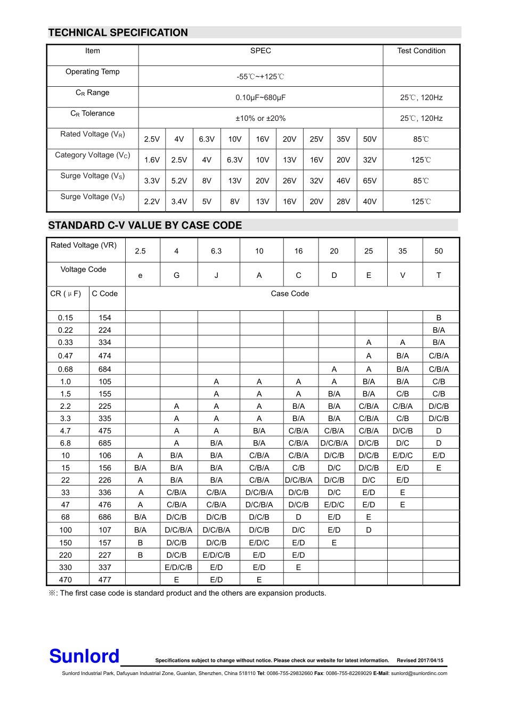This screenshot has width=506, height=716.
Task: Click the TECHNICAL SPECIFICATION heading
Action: point(118,32)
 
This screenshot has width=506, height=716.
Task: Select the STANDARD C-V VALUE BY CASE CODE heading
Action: point(145,225)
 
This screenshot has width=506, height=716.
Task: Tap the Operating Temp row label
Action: point(93,72)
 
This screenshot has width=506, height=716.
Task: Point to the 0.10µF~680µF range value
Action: point(260,97)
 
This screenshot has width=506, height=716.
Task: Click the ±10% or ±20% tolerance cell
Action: point(260,118)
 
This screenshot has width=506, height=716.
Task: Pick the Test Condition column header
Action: point(421,51)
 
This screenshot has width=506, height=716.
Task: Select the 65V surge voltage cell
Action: point(370,181)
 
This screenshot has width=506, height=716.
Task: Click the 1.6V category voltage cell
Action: point(152,160)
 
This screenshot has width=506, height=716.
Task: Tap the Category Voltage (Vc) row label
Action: point(93,155)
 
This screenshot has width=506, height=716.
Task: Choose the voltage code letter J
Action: point(216,275)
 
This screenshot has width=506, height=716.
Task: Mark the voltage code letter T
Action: point(439,275)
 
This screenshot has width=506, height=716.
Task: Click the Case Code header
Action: point(290,294)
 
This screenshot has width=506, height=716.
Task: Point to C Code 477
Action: point(105,580)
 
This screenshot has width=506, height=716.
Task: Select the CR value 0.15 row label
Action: point(66,318)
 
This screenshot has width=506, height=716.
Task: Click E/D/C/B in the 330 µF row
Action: point(178,567)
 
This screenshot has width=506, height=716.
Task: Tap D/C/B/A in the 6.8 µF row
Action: point(334,443)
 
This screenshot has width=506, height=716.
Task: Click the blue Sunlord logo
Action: point(84,656)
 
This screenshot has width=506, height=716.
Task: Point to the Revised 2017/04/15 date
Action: point(420,661)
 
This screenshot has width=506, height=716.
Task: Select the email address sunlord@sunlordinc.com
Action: point(419,673)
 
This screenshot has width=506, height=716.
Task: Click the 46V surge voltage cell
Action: point(344,181)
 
